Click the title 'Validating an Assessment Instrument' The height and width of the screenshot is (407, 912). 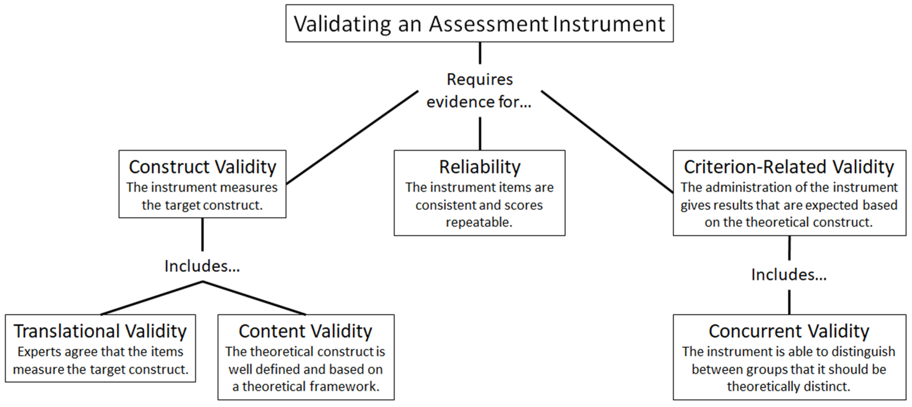click(479, 24)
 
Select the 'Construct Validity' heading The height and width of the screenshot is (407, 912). click(202, 167)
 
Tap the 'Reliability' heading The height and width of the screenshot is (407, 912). click(480, 167)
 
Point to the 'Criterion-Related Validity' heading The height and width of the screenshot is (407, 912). click(789, 167)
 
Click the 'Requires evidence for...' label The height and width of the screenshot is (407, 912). click(479, 90)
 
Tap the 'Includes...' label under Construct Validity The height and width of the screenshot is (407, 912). click(202, 266)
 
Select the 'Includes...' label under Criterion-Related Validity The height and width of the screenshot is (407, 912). click(789, 275)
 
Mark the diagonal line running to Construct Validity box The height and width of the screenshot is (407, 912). click(352, 137)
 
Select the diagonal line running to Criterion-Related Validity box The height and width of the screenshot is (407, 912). click(607, 142)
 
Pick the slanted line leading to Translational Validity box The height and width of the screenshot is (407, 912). click(152, 298)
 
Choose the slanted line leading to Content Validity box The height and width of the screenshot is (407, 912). click(254, 298)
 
